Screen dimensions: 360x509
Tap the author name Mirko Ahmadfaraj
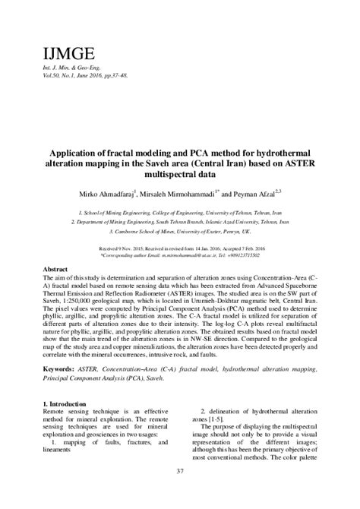pyautogui.click(x=117, y=193)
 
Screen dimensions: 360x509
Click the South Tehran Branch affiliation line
pyautogui.click(x=180, y=223)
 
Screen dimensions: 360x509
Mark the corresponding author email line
pyautogui.click(x=180, y=255)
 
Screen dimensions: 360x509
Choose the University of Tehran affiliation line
pyautogui.click(x=180, y=213)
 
